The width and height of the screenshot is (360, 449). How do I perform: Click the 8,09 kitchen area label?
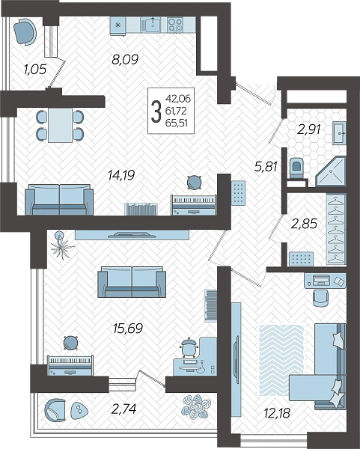click(x=125, y=60)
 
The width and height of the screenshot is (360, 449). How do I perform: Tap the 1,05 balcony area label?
click(x=35, y=69)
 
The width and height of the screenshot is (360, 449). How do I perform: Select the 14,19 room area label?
click(x=121, y=175)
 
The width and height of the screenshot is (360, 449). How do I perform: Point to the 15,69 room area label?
click(x=128, y=329)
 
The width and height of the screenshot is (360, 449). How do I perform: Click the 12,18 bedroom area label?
click(x=277, y=413)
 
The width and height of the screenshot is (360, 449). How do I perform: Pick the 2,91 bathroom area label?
click(x=308, y=129)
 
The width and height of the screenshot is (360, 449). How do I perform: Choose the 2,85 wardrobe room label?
click(x=304, y=224)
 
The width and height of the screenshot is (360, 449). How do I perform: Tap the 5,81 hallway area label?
click(x=266, y=166)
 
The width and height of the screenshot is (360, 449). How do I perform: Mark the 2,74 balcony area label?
click(x=123, y=409)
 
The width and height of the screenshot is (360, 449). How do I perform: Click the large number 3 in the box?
click(x=156, y=112)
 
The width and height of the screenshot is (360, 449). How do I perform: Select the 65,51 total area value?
click(x=176, y=123)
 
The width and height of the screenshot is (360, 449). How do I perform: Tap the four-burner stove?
click(x=175, y=25)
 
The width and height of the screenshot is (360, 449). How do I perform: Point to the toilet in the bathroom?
click(x=296, y=168)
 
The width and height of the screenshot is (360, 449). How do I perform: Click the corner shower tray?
click(x=331, y=172)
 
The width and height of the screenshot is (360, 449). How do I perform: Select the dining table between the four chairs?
click(x=60, y=125)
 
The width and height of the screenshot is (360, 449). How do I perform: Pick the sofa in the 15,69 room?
click(x=132, y=282)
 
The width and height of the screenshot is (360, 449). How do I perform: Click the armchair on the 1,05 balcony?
click(x=25, y=31)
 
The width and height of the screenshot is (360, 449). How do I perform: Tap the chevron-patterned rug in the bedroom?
click(x=281, y=361)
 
